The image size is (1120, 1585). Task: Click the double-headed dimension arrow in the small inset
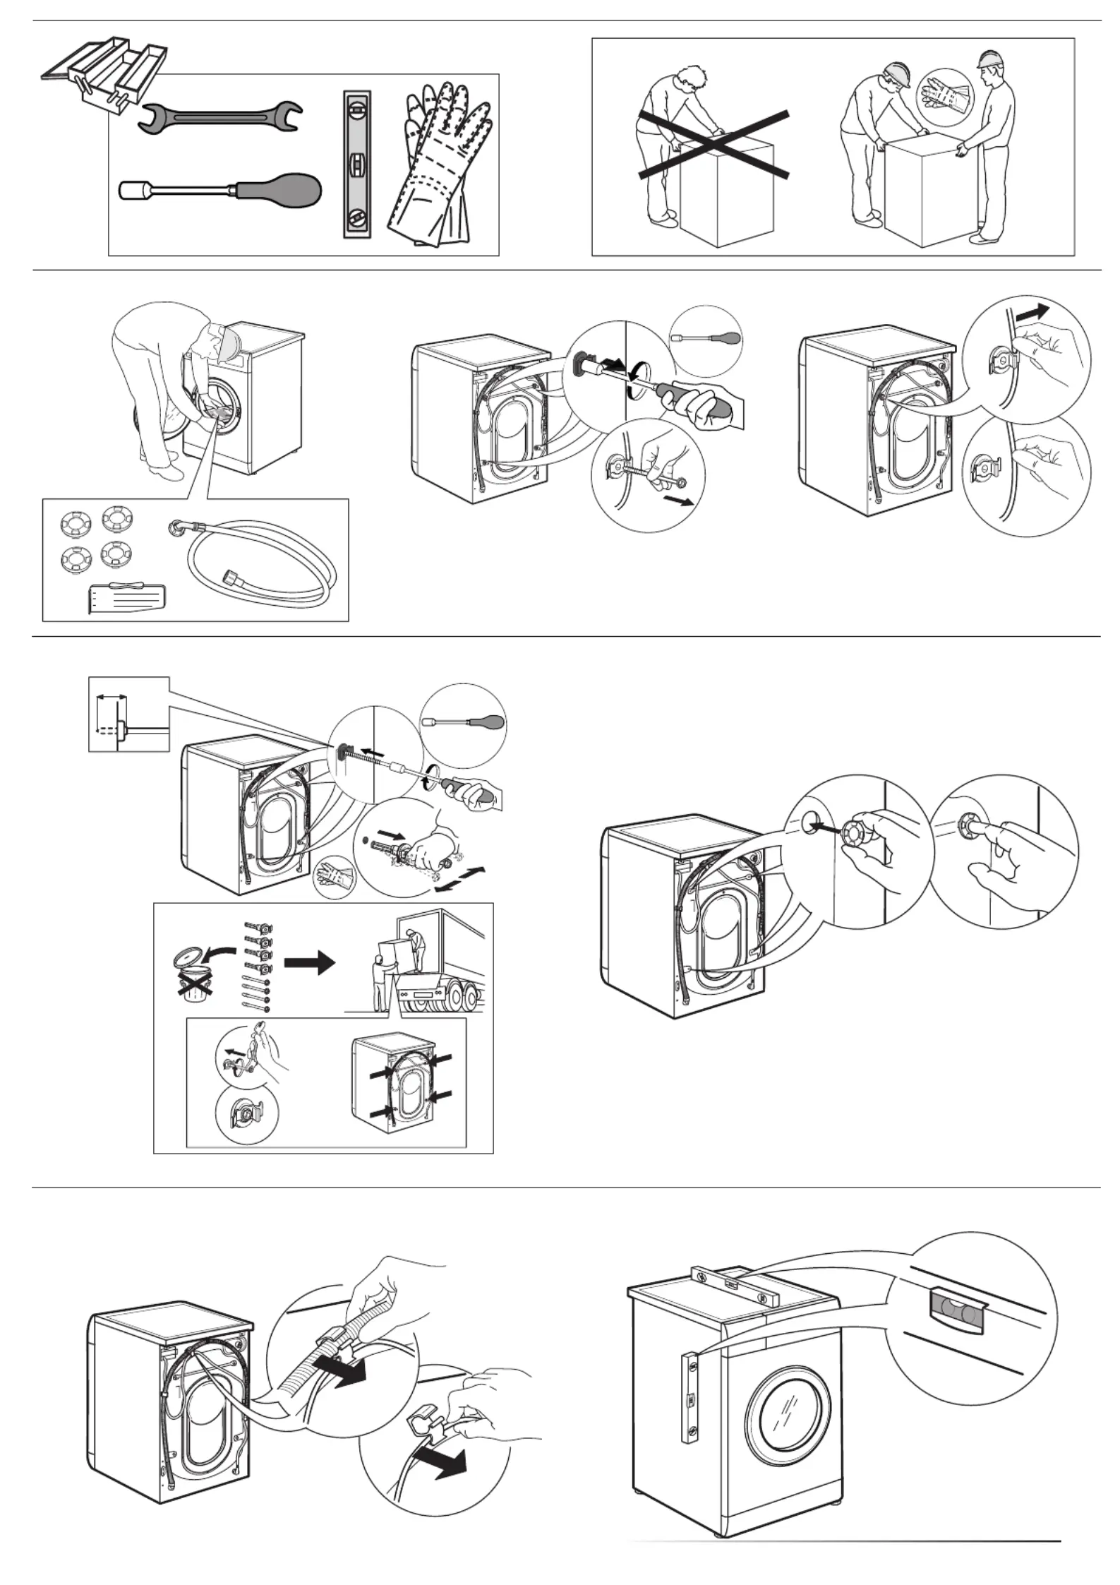point(112,697)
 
